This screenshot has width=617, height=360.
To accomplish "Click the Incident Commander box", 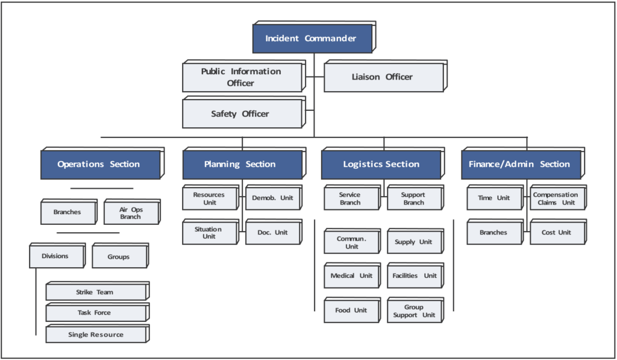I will [311, 39].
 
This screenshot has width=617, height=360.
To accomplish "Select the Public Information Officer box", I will [241, 77].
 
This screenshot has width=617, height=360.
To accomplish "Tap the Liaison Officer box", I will [383, 77].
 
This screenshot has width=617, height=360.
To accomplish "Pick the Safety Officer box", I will [240, 114].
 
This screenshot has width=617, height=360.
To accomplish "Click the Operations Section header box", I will [99, 165].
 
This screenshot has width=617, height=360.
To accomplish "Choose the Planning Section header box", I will [240, 165].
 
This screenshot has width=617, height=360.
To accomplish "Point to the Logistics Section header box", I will [381, 165].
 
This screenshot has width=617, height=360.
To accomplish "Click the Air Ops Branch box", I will [131, 213].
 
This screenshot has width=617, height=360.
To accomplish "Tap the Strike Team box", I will [95, 292].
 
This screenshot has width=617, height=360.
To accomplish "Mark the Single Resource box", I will [95, 335].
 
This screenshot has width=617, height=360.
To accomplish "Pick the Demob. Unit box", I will [272, 198].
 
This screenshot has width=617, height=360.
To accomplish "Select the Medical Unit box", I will [352, 276].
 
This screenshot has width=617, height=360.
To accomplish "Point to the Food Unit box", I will [352, 311].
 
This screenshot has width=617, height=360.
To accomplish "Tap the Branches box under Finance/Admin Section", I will [494, 233].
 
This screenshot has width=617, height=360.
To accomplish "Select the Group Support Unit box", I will [415, 311].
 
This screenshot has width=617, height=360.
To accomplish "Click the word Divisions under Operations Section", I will [55, 256].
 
